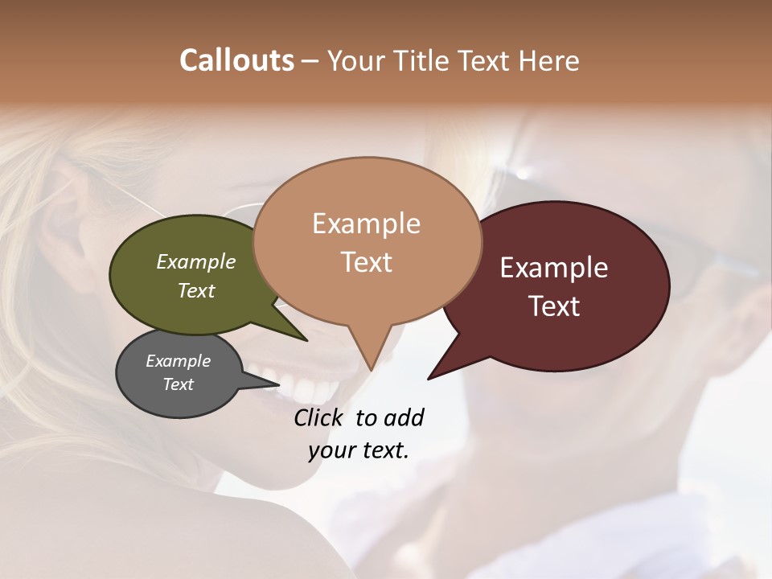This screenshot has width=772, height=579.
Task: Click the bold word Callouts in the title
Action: pyautogui.click(x=236, y=60)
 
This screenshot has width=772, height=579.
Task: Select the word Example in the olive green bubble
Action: pyautogui.click(x=196, y=261)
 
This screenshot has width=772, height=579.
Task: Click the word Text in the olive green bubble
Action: pyautogui.click(x=196, y=290)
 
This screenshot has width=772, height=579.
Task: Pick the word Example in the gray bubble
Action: pyautogui.click(x=178, y=361)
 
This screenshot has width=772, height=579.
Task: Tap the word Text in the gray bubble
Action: pyautogui.click(x=178, y=384)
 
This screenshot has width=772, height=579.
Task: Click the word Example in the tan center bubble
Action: pyautogui.click(x=366, y=224)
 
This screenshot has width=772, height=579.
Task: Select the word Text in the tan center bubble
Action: pyautogui.click(x=366, y=262)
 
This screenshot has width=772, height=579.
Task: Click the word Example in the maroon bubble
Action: pyautogui.click(x=554, y=268)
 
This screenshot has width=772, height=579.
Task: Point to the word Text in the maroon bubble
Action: pyautogui.click(x=554, y=306)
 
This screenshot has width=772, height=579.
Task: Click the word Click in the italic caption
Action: pyautogui.click(x=319, y=417)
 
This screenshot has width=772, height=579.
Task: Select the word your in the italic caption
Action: pyautogui.click(x=331, y=450)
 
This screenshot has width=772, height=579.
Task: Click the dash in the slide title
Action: pyautogui.click(x=310, y=61)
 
